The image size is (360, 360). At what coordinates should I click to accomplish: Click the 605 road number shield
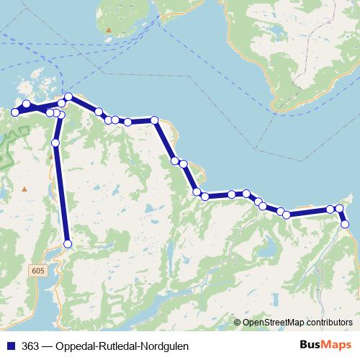(37, 269)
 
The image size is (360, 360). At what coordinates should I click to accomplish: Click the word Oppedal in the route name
(75, 346)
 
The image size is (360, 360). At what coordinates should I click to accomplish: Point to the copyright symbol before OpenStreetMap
(237, 323)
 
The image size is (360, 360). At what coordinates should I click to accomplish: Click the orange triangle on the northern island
(109, 30)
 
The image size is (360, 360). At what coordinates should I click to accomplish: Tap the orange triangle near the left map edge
(24, 189)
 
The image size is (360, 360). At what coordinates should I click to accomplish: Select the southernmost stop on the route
(68, 244)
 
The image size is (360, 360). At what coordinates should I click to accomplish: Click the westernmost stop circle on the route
(14, 112)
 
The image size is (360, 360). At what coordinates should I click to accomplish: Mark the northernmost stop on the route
(68, 96)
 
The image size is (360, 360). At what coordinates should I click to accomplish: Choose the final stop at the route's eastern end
(345, 224)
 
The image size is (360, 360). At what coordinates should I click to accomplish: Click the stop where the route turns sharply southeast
(155, 120)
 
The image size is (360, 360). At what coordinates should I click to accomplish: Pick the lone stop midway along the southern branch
(56, 143)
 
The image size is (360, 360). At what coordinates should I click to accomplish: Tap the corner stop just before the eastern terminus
(340, 209)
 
